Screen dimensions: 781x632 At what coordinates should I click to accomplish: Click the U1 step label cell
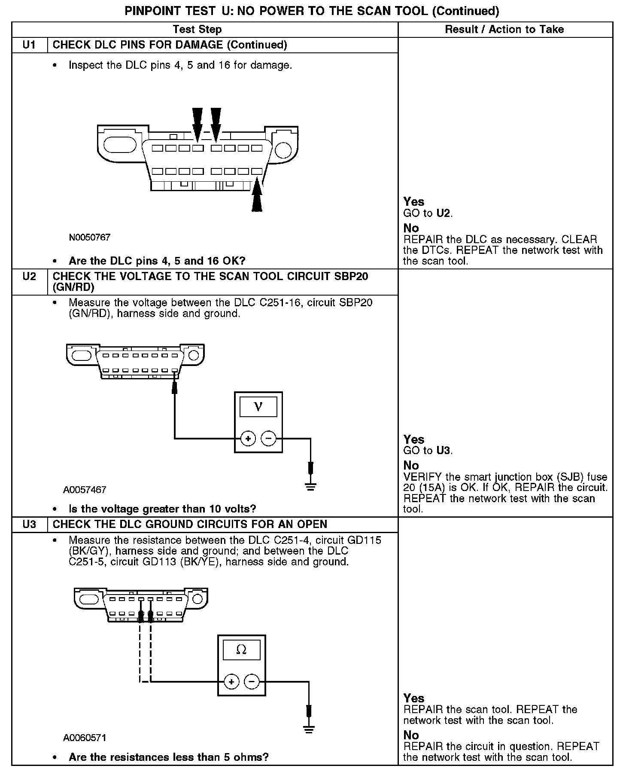(29, 45)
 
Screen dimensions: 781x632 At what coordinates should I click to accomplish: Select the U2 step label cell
(29, 276)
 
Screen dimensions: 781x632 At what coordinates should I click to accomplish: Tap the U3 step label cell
(29, 524)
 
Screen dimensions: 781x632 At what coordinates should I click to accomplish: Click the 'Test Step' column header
(197, 30)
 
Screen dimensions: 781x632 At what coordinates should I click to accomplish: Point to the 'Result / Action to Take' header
(504, 30)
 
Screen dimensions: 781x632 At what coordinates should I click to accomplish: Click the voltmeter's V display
(258, 406)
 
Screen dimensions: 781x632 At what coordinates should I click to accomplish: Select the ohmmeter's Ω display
(241, 650)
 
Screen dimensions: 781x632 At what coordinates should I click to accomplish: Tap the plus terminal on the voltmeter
(248, 439)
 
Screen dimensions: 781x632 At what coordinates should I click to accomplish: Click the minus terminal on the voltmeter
(268, 439)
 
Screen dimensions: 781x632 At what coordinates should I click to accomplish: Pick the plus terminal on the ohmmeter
(231, 682)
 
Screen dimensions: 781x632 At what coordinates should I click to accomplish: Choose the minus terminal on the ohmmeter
(252, 682)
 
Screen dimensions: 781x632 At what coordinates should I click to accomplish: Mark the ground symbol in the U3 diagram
(308, 729)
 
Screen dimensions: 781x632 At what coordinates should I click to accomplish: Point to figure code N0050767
(90, 237)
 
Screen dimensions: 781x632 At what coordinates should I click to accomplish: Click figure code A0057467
(85, 490)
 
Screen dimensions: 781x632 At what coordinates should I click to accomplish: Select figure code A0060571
(85, 738)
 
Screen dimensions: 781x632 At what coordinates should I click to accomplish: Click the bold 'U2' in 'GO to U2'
(444, 213)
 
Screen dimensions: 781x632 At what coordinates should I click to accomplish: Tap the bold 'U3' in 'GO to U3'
(444, 451)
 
